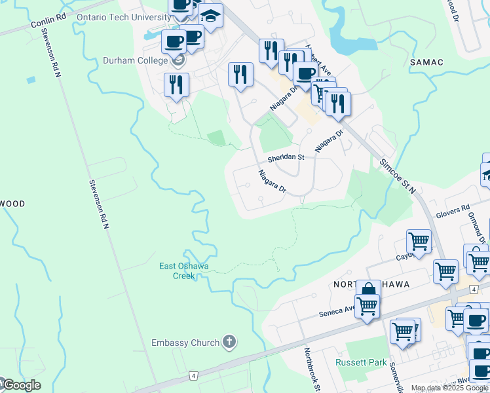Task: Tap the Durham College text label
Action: (136, 61)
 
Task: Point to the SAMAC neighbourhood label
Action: (426, 62)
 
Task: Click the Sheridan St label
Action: (286, 158)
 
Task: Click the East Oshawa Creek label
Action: (183, 271)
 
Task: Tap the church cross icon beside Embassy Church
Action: (229, 341)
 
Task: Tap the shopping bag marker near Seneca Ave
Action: (368, 290)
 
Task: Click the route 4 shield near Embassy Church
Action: (193, 375)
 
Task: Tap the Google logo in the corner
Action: (21, 385)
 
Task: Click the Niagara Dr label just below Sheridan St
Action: (272, 181)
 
